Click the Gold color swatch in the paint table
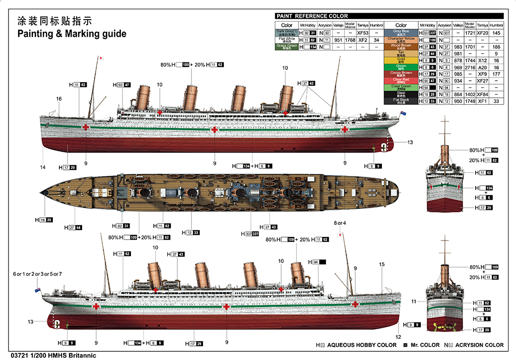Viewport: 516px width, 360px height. point(401,60)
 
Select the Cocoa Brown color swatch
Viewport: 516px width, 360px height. point(401,74)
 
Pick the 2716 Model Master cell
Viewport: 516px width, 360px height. point(470,67)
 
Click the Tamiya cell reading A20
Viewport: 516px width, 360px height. point(482,67)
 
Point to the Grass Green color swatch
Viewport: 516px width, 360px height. point(286,46)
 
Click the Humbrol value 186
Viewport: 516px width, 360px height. point(496,46)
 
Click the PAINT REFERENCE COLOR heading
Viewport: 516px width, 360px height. point(312,16)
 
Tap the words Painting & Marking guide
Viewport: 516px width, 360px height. point(72,34)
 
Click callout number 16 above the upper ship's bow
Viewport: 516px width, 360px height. point(59,99)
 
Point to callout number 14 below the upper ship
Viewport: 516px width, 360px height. point(42,167)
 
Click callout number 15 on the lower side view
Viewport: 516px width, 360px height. point(381,264)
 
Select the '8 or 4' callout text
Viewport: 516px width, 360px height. point(341,223)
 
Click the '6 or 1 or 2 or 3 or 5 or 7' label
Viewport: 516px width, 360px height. point(37,274)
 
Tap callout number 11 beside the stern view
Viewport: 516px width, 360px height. point(413,302)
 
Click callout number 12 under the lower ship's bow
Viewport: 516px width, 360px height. point(398,337)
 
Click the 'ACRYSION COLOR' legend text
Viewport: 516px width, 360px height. point(479,345)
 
